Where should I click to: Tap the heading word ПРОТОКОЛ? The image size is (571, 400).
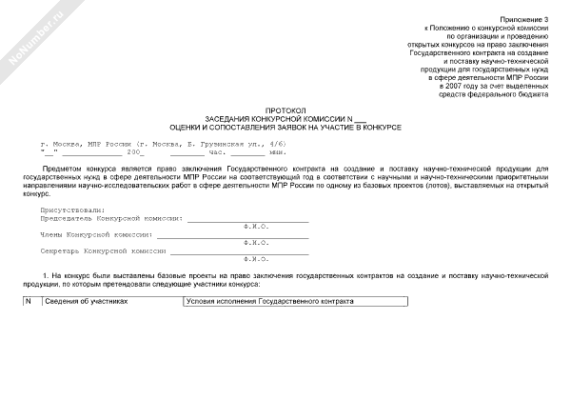(x=285, y=110)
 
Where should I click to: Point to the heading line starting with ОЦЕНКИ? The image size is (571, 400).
(x=285, y=127)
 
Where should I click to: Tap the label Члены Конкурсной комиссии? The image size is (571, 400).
(x=96, y=233)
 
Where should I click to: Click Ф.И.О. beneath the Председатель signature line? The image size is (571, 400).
(x=256, y=226)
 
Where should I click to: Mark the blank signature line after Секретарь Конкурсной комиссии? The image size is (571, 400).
(x=238, y=251)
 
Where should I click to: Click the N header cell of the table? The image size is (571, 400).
(x=29, y=301)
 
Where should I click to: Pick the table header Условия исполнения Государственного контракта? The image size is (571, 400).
(x=267, y=301)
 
